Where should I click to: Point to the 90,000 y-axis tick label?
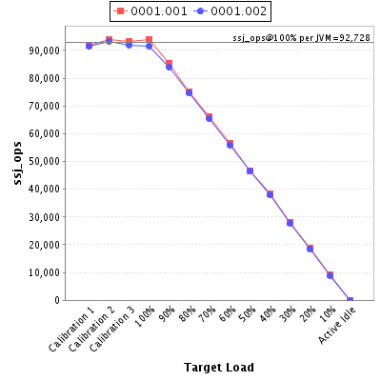pyautogui.click(x=44, y=50)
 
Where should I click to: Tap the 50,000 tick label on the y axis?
pyautogui.click(x=44, y=161)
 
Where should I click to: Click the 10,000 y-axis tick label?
pyautogui.click(x=44, y=272)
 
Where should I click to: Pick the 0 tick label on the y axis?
pyautogui.click(x=57, y=300)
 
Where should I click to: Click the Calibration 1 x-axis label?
pyautogui.click(x=71, y=332)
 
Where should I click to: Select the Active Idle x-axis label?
pyautogui.click(x=337, y=326)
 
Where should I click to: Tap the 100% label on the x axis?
pyautogui.click(x=145, y=316)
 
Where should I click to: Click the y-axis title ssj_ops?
pyautogui.click(x=18, y=163)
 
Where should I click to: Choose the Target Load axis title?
pyautogui.click(x=219, y=368)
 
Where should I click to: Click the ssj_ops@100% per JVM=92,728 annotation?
pyautogui.click(x=301, y=38)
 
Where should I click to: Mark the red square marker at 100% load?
pyautogui.click(x=149, y=40)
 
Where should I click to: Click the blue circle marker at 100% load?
pyautogui.click(x=149, y=47)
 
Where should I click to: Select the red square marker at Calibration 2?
pyautogui.click(x=109, y=40)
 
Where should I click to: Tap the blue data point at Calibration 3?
pyautogui.click(x=129, y=45)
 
